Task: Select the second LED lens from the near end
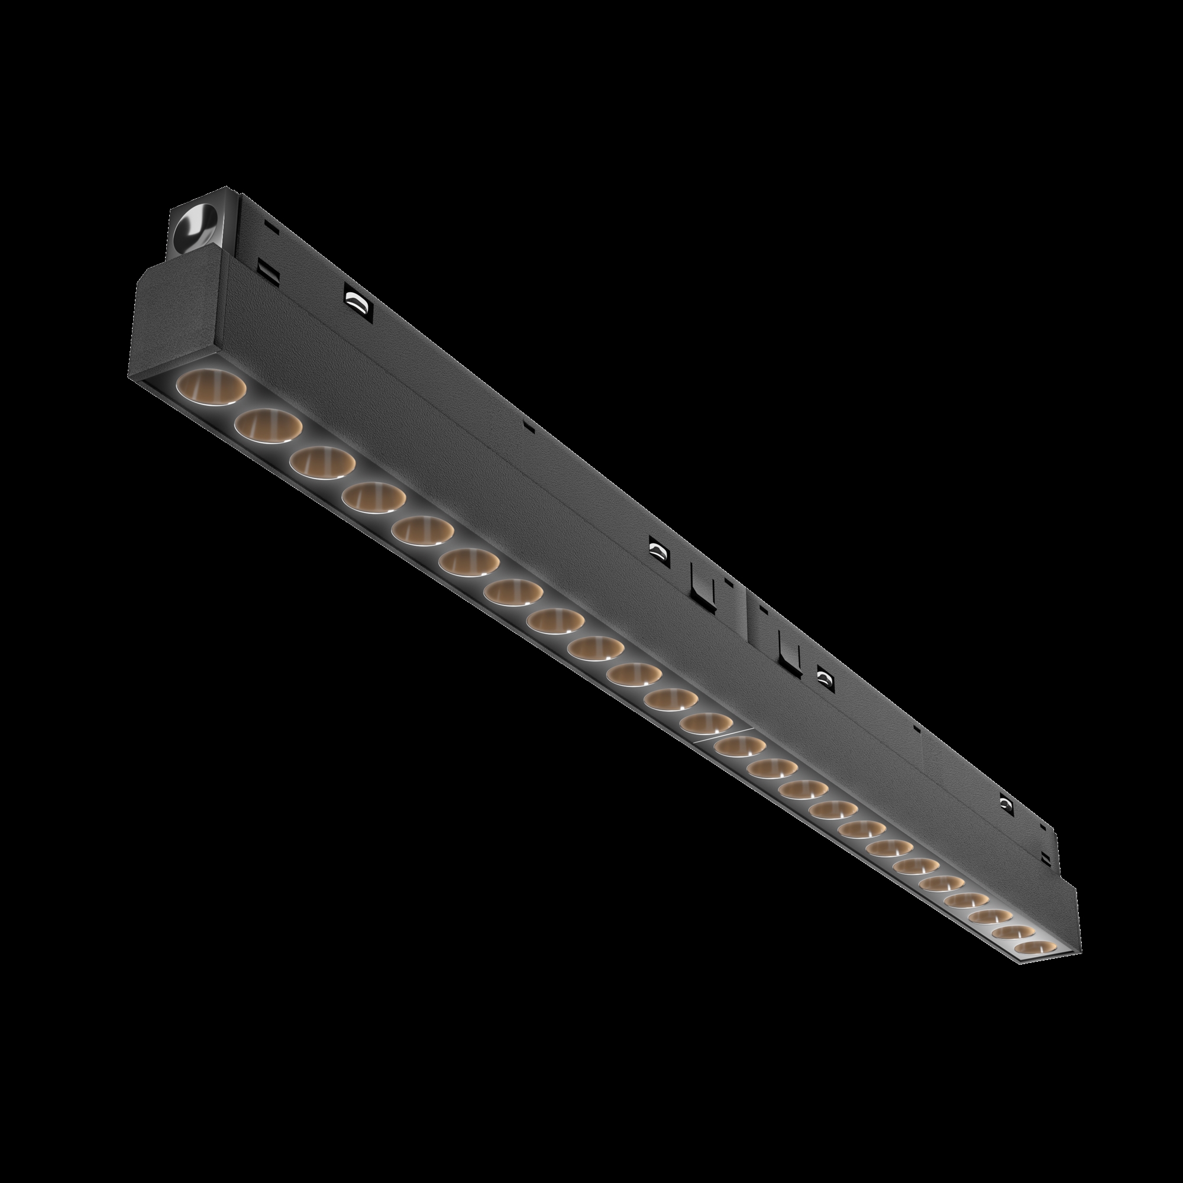pyautogui.click(x=267, y=424)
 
